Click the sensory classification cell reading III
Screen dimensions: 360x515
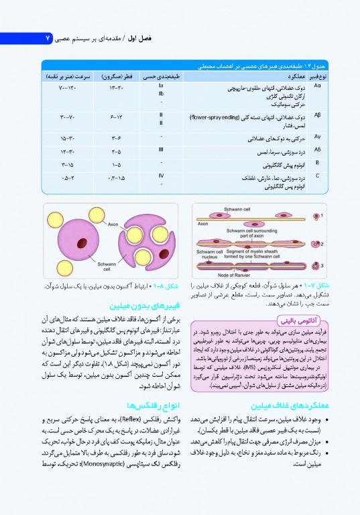162,150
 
